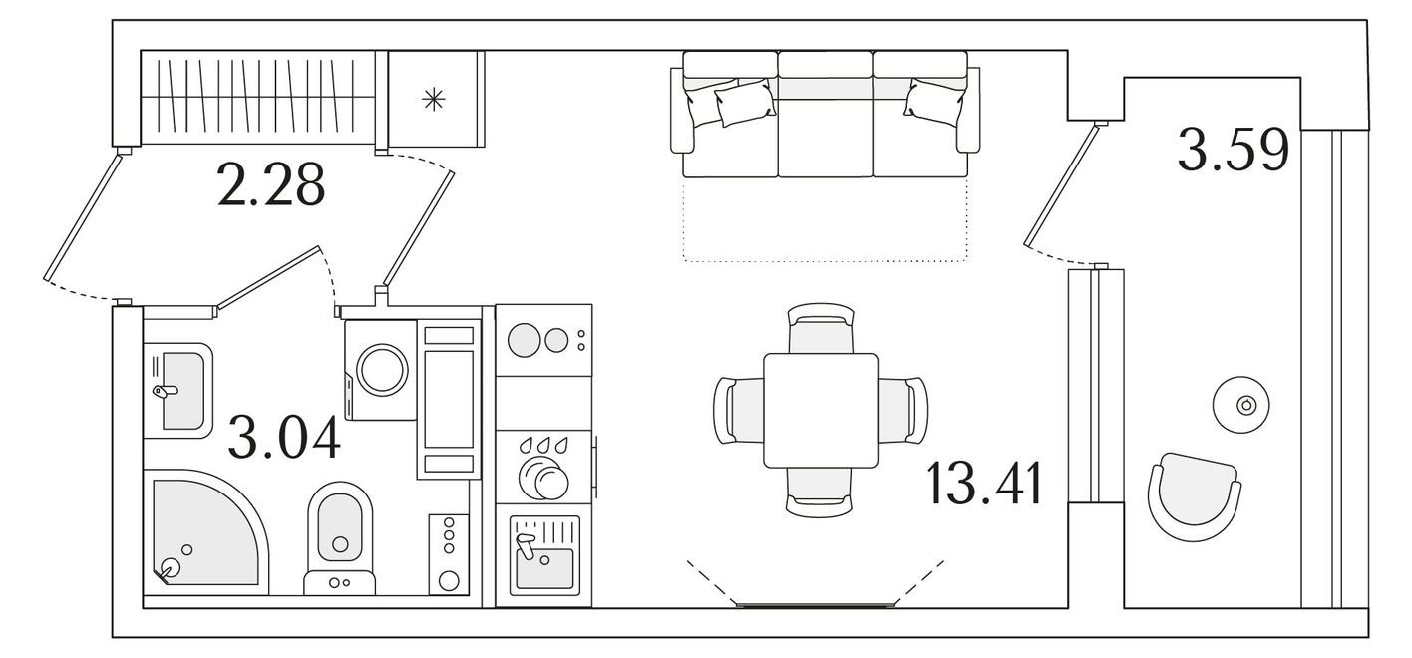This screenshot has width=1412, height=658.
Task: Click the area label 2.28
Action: pyautogui.click(x=271, y=184)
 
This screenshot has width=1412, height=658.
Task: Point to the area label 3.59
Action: pyautogui.click(x=1234, y=149)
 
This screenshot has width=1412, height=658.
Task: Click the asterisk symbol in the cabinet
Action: pyautogui.click(x=434, y=99)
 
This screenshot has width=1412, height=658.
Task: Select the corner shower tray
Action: pyautogui.click(x=205, y=530)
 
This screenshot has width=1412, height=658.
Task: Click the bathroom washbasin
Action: pyautogui.click(x=178, y=390)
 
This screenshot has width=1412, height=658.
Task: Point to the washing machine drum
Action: pyautogui.click(x=382, y=370)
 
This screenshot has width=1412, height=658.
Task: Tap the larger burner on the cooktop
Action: pyautogui.click(x=524, y=340)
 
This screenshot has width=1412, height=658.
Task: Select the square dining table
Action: pyautogui.click(x=821, y=411)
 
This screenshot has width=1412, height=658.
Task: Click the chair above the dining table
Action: pyautogui.click(x=821, y=328)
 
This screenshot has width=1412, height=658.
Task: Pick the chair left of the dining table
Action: pyautogui.click(x=739, y=412)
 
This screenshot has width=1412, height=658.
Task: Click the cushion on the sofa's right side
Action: pyautogui.click(x=934, y=99)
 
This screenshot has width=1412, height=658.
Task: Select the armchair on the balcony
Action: pyautogui.click(x=1194, y=496)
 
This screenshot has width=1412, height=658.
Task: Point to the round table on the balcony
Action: pyautogui.click(x=1240, y=405)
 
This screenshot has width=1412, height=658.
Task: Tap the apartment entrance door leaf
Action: pyautogui.click(x=82, y=215)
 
